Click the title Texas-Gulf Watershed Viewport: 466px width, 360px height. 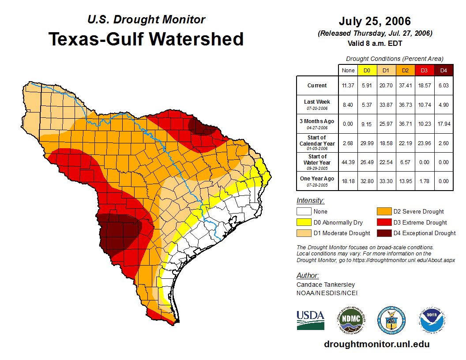146,39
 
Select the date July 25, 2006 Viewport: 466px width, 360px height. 375,21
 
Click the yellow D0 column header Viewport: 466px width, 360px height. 367,70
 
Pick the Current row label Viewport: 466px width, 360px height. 317,86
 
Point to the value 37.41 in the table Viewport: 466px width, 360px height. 405,86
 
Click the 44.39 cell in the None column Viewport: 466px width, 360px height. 348,162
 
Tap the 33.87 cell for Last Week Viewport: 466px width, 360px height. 386,105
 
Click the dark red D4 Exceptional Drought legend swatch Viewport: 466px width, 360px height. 383,233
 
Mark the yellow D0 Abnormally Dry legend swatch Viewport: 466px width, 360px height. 304,222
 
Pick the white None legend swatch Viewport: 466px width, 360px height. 304,212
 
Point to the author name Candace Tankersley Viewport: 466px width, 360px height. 326,285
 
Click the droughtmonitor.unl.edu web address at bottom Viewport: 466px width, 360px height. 376,344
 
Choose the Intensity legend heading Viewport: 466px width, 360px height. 310,201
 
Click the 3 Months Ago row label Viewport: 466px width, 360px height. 317,124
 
